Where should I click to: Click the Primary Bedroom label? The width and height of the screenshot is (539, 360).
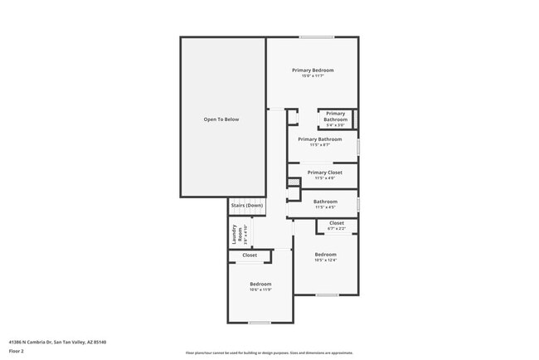pos(313,71)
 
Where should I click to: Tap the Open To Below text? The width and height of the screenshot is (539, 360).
pos(221,119)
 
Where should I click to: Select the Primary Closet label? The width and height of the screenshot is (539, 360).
pos(324,173)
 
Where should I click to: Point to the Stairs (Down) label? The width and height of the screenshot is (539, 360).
pos(247,205)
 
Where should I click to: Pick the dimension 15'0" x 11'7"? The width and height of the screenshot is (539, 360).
pos(313,76)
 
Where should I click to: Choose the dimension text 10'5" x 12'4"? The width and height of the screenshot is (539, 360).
pos(325,260)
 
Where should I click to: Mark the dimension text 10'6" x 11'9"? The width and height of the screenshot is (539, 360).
pos(260,289)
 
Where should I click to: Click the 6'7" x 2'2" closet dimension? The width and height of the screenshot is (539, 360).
pos(337,229)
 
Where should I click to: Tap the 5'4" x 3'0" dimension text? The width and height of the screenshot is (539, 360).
pos(335,125)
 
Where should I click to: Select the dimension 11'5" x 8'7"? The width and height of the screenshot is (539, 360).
pos(319,145)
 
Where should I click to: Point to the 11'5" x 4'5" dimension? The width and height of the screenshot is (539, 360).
pos(325,207)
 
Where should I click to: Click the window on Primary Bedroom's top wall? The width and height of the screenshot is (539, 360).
pos(316,36)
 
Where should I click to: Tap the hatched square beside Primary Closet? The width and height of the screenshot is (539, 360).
pos(293,182)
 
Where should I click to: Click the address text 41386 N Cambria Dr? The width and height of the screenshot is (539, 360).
pos(57,342)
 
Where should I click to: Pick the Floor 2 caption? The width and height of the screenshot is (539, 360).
pos(17,351)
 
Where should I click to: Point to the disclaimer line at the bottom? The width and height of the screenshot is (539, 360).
pos(269,353)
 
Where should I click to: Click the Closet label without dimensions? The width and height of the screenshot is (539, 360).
pos(250,255)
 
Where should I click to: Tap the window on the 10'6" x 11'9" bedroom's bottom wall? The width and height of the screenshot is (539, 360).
pos(260,323)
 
